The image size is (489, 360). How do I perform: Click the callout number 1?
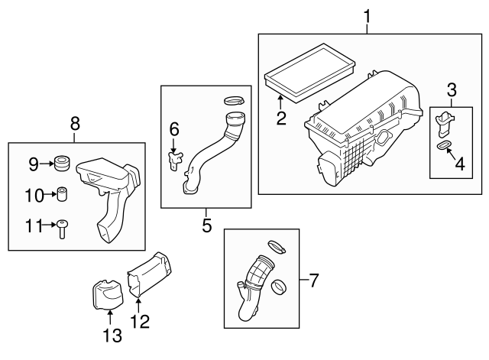click(368, 15)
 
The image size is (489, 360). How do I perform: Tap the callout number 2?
click(280, 118)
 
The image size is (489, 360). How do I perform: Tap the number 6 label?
click(173, 130)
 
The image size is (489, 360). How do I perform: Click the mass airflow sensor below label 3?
click(446, 122)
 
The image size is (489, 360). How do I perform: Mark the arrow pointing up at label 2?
click(280, 102)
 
